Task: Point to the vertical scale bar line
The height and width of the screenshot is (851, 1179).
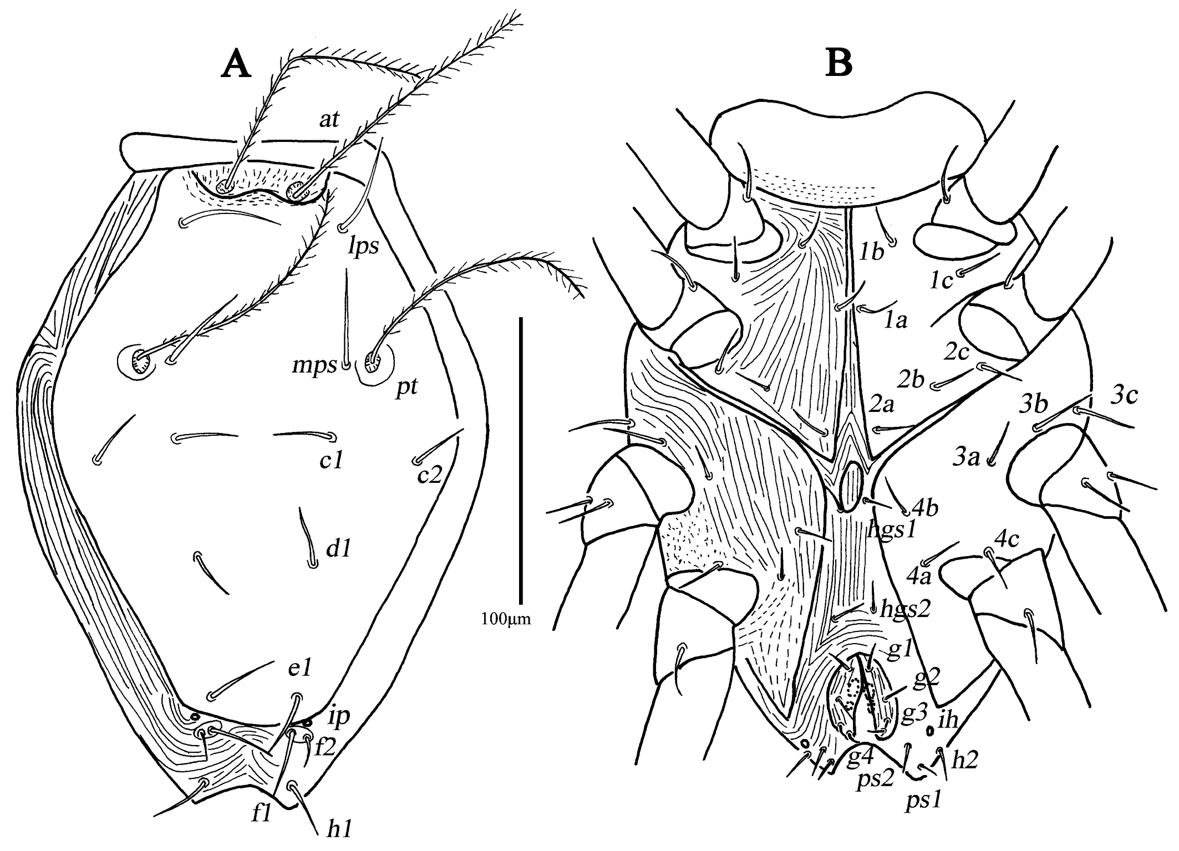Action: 521,460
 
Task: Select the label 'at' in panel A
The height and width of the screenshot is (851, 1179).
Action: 329,119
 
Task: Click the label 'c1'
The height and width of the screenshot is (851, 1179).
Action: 331,460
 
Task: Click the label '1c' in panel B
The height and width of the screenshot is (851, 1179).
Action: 942,282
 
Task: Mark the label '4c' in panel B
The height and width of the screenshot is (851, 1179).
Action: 1007,538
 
